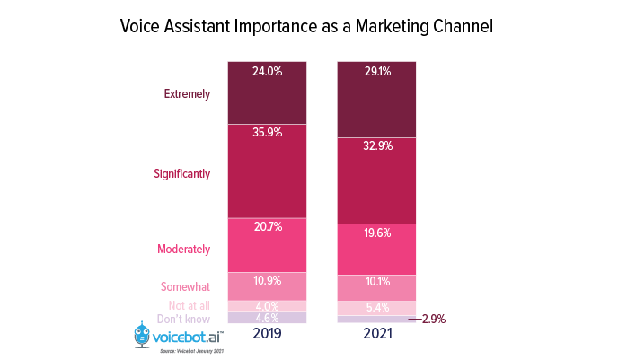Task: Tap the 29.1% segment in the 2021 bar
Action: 376,99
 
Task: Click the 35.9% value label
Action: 267,133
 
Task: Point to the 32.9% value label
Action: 376,146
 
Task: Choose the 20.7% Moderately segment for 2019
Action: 267,244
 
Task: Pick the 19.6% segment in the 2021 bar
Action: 376,249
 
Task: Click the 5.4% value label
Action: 376,307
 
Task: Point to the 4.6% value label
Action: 267,317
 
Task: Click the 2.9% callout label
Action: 432,319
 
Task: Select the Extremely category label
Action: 187,92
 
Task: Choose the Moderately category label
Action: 183,249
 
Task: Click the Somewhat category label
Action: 185,286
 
